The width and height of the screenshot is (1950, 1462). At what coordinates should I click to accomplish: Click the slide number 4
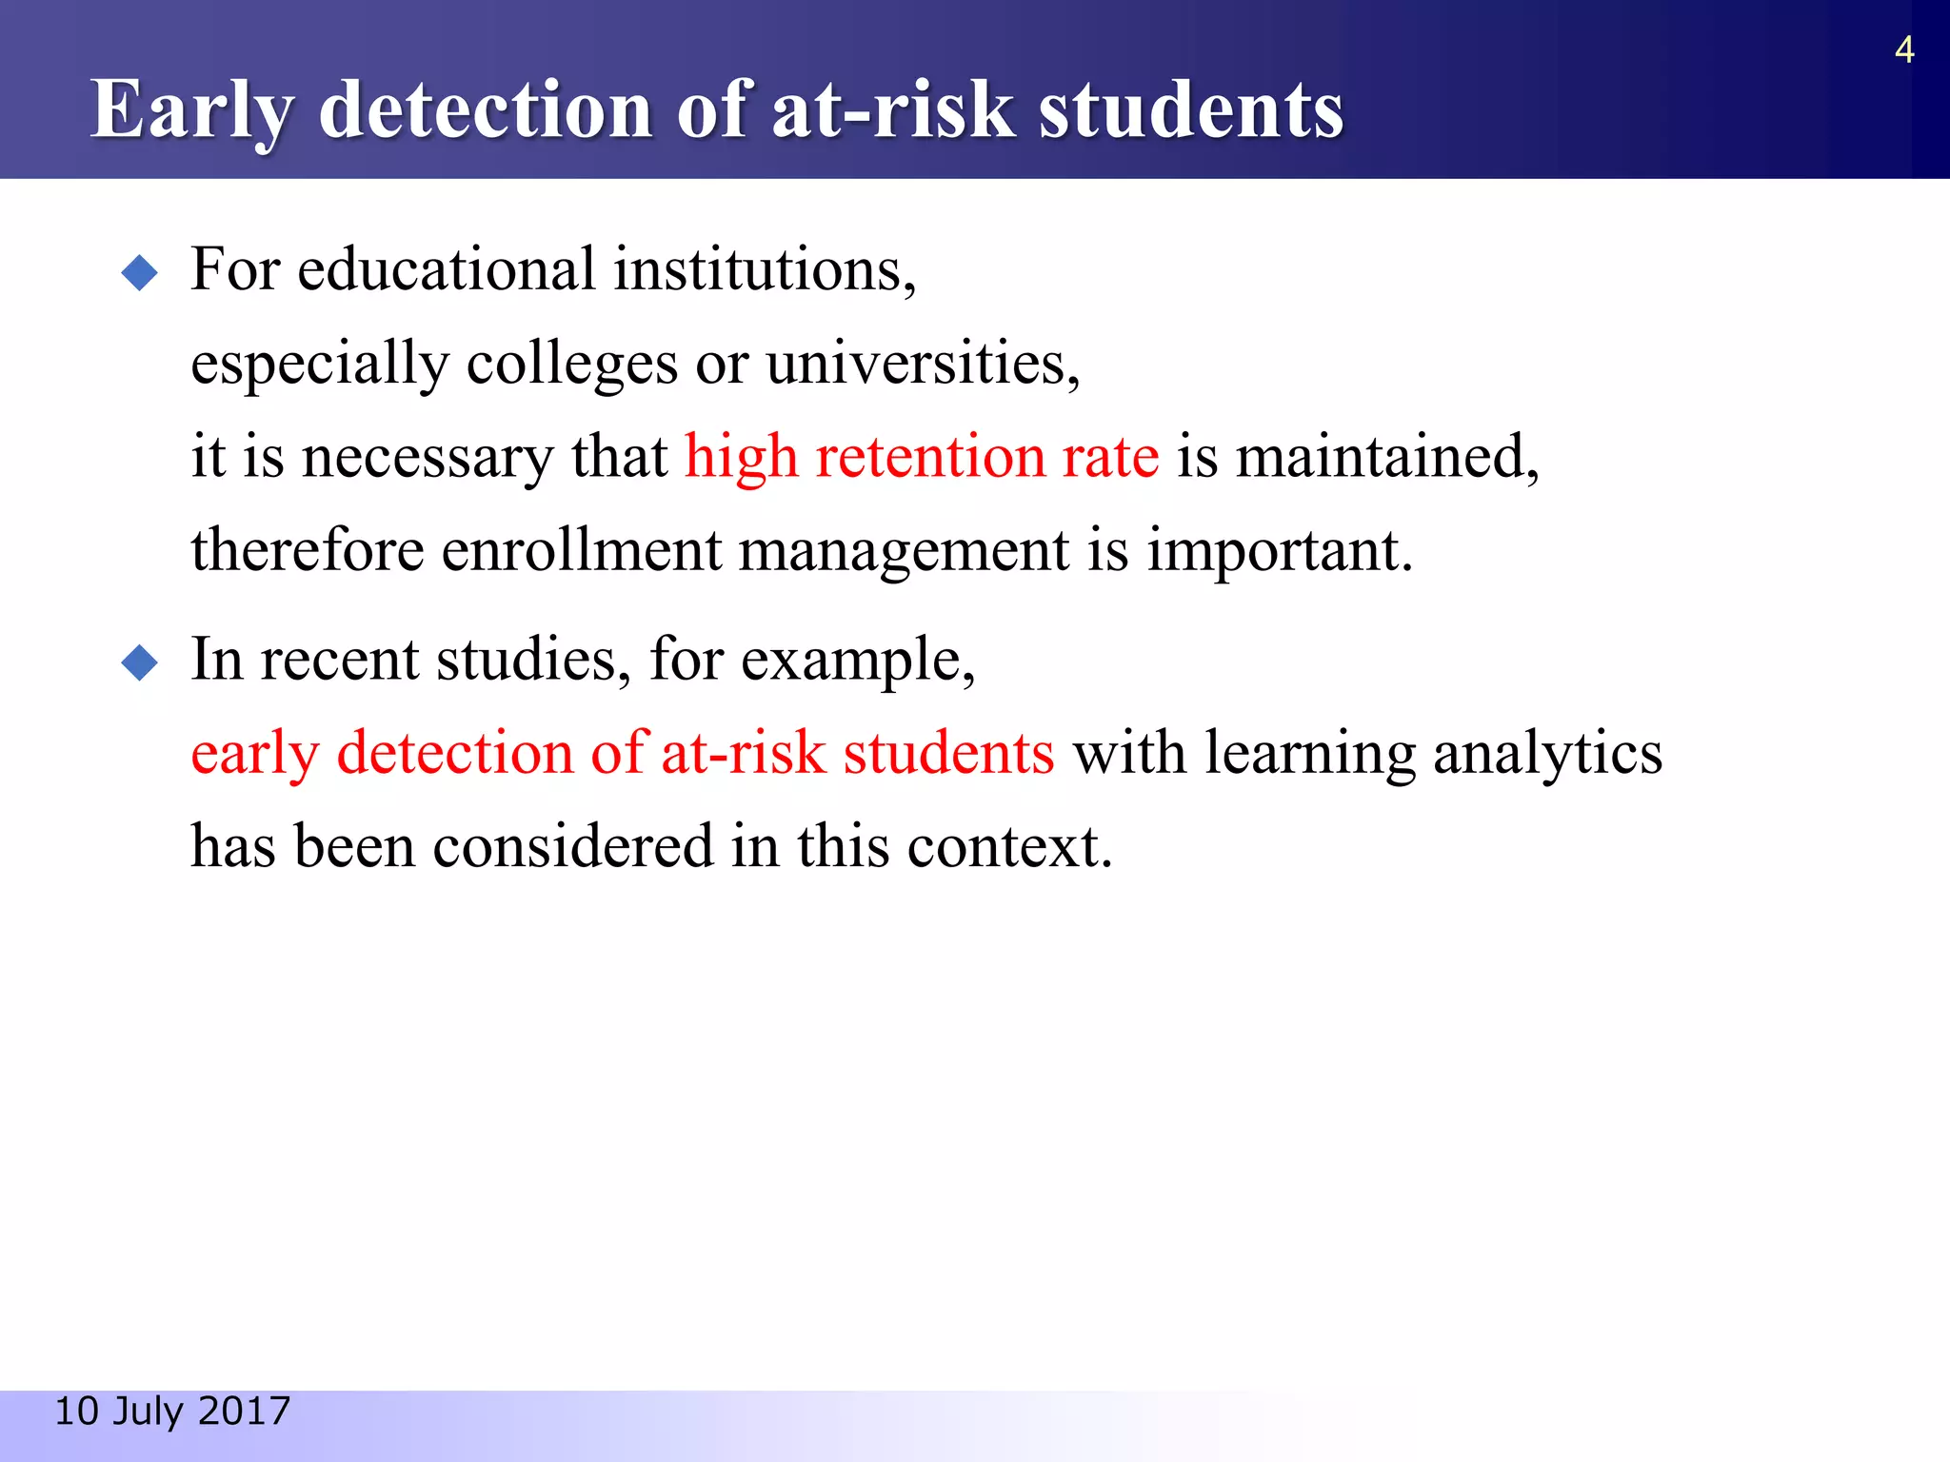[x=1903, y=49]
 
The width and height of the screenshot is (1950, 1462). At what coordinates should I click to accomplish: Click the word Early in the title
[x=189, y=110]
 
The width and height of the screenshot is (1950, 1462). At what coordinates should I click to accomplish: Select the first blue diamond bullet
[x=140, y=273]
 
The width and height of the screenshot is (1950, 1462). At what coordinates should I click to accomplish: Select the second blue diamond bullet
[x=140, y=662]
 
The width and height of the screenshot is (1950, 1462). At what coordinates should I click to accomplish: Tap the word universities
[x=922, y=364]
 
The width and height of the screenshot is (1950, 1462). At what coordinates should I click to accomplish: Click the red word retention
[x=929, y=457]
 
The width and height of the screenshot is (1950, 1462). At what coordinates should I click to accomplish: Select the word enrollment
[x=581, y=551]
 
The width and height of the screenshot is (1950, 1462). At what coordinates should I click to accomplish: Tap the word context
[x=1008, y=846]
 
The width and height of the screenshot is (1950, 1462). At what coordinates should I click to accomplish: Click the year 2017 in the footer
[x=244, y=1412]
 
